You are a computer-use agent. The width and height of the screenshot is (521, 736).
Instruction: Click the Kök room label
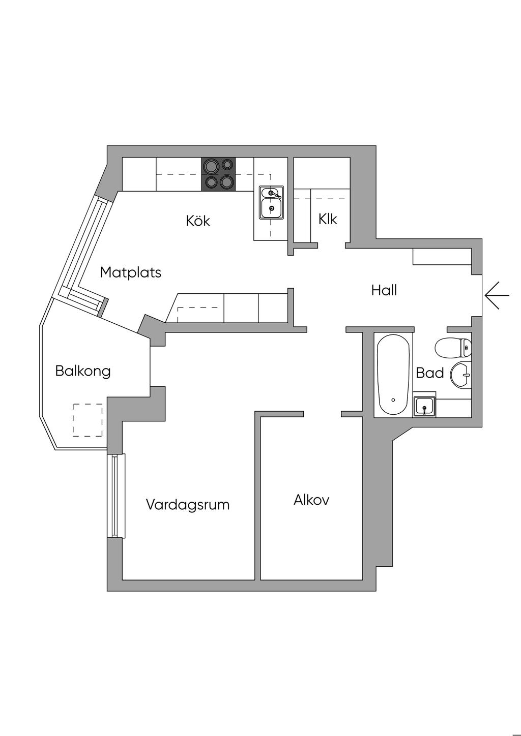click(x=198, y=221)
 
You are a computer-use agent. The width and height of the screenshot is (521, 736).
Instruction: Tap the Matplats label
click(x=130, y=272)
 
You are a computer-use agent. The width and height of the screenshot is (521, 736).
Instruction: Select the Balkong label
click(x=82, y=371)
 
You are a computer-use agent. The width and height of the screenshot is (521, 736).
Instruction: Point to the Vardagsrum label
click(x=188, y=505)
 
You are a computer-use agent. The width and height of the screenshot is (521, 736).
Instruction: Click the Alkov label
click(x=311, y=500)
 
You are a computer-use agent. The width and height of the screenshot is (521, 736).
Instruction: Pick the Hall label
click(x=384, y=291)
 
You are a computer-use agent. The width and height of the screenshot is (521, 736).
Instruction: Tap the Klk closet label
click(x=328, y=219)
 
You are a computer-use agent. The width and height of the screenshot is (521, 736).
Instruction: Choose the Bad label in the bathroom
click(x=430, y=373)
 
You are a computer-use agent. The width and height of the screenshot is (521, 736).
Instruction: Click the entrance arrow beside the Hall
click(x=497, y=295)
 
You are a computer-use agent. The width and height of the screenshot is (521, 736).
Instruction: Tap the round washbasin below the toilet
click(x=462, y=376)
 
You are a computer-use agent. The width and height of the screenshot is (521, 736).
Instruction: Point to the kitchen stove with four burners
click(x=219, y=174)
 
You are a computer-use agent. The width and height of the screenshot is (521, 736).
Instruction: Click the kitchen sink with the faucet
click(x=272, y=202)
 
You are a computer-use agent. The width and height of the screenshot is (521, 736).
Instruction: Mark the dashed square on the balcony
click(x=88, y=420)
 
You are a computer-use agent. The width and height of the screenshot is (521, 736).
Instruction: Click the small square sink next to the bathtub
click(x=424, y=406)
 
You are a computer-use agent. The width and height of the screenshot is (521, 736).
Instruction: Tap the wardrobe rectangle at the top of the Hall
click(x=442, y=257)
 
